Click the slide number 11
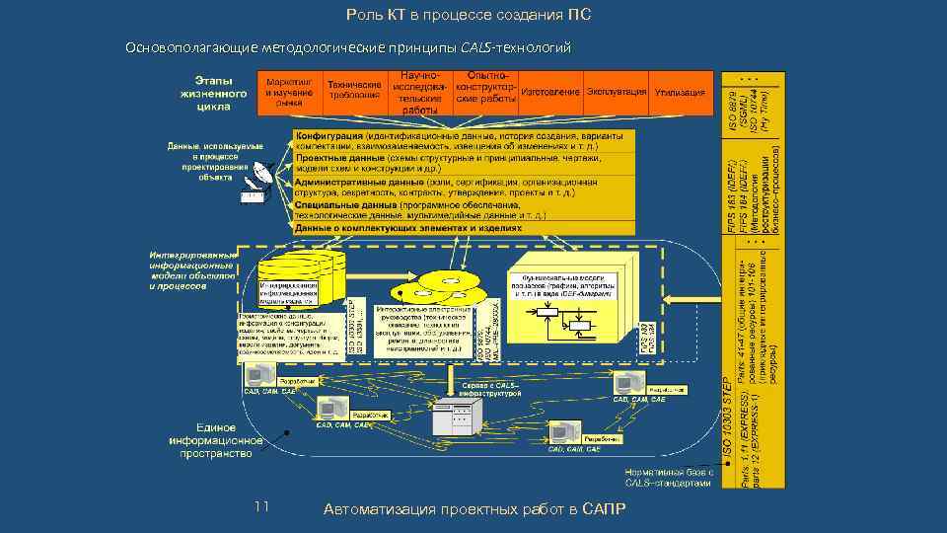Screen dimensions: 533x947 261,506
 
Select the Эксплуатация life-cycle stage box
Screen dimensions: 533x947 617,92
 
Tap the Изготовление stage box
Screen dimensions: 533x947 550,92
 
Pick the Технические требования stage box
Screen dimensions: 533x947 354,90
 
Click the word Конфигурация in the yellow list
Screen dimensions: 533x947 328,135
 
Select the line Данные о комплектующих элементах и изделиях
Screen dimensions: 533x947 408,227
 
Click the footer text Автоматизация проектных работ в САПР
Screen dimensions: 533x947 473,508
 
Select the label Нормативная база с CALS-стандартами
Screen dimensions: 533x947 668,478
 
